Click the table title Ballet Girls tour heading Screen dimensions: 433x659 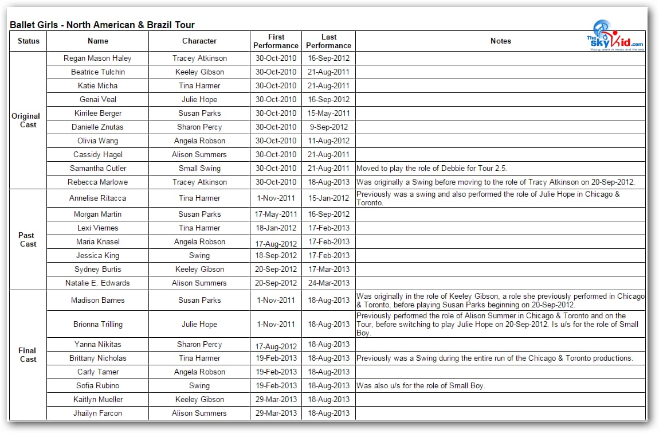tap(102, 25)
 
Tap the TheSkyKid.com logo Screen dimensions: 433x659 tap(615, 36)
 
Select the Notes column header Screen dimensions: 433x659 tap(500, 41)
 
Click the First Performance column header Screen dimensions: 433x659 tap(276, 41)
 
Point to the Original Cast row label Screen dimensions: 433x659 tap(26, 120)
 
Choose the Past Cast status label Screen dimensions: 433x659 tap(26, 239)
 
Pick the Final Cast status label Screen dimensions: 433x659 tap(28, 354)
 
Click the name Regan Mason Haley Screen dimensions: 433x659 tap(97, 58)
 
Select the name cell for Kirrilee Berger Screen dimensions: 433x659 tap(97, 113)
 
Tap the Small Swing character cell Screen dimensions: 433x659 tap(199, 168)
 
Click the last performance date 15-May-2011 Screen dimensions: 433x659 tap(328, 113)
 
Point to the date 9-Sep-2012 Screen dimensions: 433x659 tap(328, 127)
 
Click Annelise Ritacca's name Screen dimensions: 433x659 tap(97, 198)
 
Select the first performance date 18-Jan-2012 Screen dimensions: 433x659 tap(276, 228)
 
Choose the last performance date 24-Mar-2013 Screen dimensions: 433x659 tap(328, 283)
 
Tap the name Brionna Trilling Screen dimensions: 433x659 tap(97, 324)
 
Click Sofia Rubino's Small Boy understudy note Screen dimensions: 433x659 tap(421, 385)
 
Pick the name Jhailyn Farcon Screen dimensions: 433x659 tap(97, 413)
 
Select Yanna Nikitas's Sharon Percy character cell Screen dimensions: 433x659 tap(199, 344)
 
